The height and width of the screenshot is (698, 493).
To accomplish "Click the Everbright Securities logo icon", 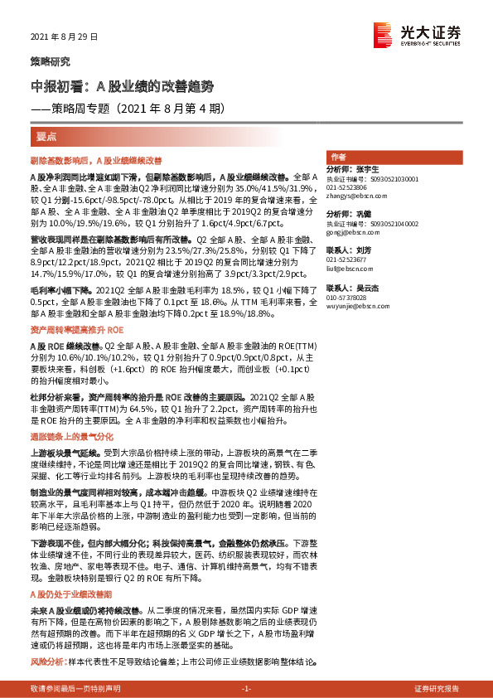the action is click(382, 33).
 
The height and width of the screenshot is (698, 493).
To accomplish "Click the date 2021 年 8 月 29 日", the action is click(64, 36).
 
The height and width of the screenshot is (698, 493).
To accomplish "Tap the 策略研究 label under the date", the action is click(50, 61).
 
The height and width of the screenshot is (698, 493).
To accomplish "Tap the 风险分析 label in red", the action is click(47, 663).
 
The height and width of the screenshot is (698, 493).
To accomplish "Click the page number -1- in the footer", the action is click(246, 689).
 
